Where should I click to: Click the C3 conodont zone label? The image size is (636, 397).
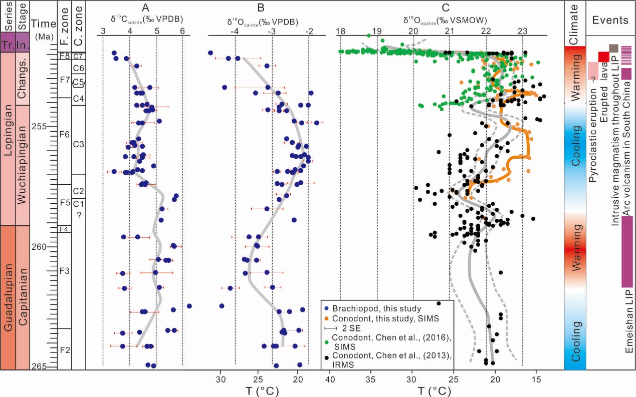79,145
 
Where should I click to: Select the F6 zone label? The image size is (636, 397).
65,135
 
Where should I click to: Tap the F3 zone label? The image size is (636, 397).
65,271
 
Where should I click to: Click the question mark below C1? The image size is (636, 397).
79,215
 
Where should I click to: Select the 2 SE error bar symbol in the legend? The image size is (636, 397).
330,328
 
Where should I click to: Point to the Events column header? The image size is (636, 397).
610,21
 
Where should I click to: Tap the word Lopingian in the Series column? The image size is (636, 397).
9,137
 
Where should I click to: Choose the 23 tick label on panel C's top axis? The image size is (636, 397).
522,31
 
